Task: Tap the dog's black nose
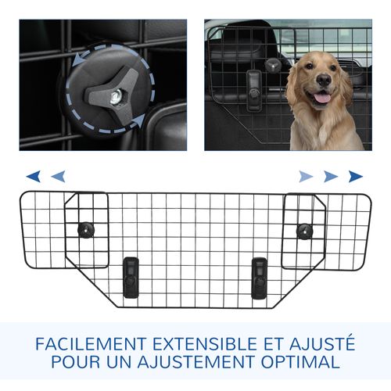[322, 81]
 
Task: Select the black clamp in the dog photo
[253, 84]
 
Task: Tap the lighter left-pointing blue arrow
[57, 176]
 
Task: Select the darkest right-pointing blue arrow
[356, 176]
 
